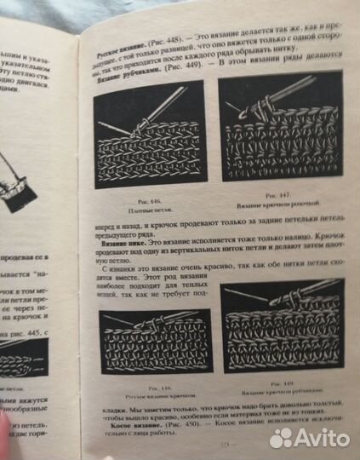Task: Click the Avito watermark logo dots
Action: click(x=282, y=438)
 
